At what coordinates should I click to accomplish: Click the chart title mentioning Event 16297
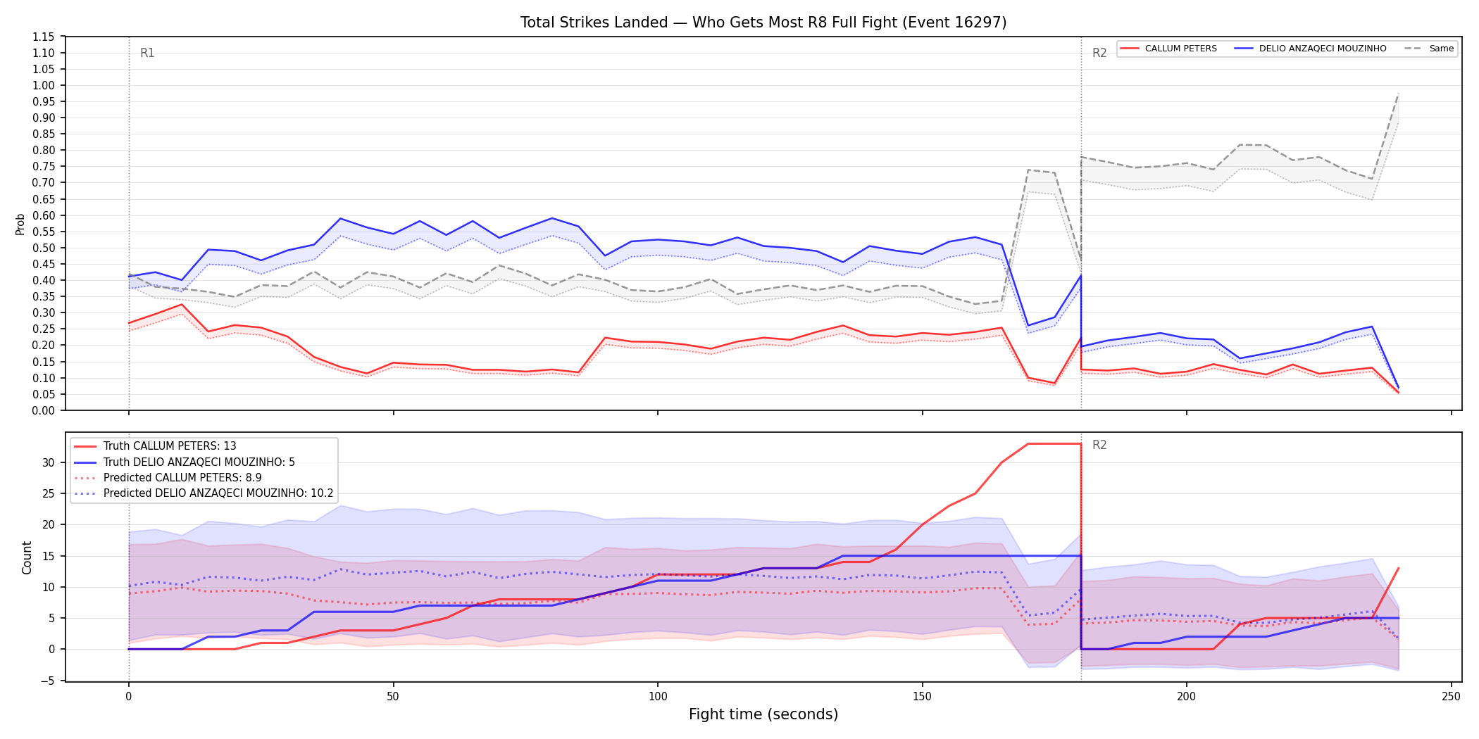[x=763, y=23]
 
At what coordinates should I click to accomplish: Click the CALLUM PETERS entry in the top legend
[x=1180, y=49]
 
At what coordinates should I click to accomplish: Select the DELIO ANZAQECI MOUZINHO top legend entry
[x=1323, y=49]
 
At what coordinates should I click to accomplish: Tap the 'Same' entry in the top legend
[x=1441, y=49]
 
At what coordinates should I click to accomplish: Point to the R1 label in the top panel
[x=147, y=53]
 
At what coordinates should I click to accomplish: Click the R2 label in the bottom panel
[x=1099, y=445]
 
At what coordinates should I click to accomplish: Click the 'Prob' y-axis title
[x=20, y=224]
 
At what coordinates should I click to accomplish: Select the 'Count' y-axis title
[x=27, y=557]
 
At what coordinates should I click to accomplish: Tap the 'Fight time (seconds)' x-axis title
[x=763, y=714]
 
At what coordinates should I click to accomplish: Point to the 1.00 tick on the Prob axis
[x=44, y=85]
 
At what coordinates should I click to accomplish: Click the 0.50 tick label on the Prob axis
[x=44, y=248]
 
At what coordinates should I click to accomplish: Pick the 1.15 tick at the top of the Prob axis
[x=44, y=37]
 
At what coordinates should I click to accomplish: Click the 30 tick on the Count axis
[x=49, y=462]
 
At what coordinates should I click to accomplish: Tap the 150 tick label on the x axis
[x=922, y=697]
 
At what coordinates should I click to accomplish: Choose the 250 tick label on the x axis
[x=1451, y=697]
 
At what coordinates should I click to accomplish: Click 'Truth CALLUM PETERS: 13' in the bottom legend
[x=170, y=446]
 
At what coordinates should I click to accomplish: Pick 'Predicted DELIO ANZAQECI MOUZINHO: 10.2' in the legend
[x=218, y=493]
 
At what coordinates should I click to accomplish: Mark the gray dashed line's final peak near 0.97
[x=1398, y=94]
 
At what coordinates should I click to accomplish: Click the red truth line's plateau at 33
[x=1054, y=443]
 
